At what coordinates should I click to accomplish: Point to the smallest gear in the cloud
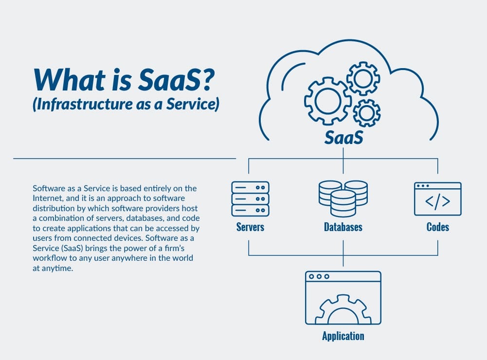366,112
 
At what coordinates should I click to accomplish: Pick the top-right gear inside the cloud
363,78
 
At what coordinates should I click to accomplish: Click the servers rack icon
250,198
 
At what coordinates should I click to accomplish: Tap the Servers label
250,227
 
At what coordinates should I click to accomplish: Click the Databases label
343,227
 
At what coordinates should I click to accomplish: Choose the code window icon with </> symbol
437,199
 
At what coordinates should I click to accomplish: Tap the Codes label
437,227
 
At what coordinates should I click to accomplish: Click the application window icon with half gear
343,298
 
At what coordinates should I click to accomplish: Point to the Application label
343,336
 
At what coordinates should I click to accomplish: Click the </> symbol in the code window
437,201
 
